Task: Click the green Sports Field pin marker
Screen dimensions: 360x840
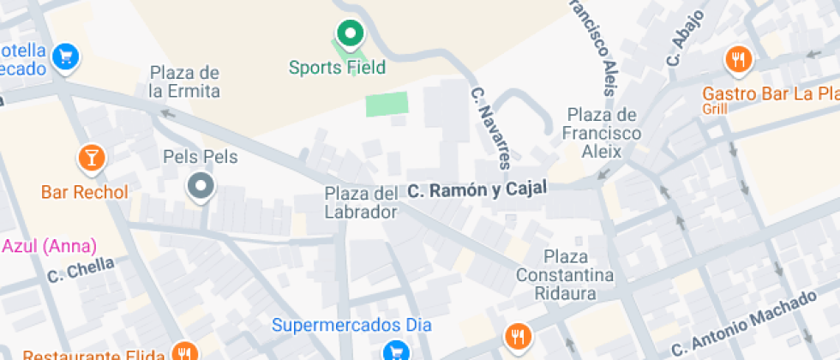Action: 348,35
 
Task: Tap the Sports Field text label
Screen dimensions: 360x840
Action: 337,67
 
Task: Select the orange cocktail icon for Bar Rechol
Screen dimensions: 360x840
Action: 89,157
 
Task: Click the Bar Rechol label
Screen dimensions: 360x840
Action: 84,191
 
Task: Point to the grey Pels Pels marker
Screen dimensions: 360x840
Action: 201,185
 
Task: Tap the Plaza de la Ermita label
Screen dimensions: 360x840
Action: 185,81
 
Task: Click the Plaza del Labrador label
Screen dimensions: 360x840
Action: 361,202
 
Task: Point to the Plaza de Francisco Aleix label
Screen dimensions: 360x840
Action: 602,133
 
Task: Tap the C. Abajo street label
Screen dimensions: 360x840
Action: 685,39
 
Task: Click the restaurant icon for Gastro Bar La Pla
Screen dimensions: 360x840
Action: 738,59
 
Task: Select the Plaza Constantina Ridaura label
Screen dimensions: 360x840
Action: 565,275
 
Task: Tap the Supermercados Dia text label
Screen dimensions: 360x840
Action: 352,325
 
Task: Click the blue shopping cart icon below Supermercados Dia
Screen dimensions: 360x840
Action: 395,351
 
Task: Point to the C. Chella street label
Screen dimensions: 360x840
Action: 81,269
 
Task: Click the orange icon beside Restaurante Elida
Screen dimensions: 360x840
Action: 183,351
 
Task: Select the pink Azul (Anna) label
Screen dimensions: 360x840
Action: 49,246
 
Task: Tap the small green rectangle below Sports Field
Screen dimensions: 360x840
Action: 387,105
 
